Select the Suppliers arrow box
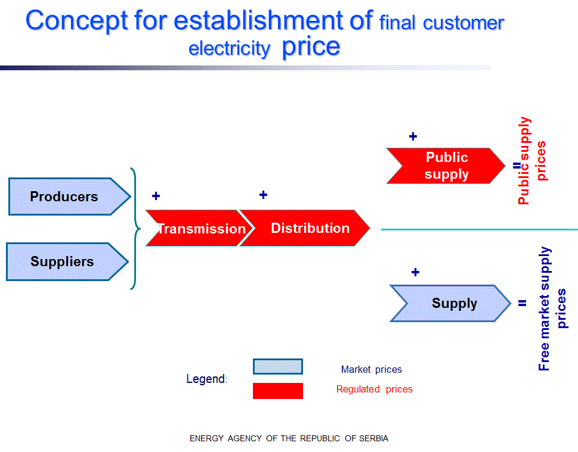(x=67, y=261)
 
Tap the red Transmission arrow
(x=200, y=228)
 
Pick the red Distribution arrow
(x=304, y=228)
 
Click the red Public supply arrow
(x=446, y=166)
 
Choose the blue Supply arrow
(x=450, y=303)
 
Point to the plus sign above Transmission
(x=156, y=196)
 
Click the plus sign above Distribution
(x=263, y=195)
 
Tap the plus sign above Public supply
(x=413, y=136)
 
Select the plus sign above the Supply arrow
(x=415, y=272)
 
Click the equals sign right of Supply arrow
(x=523, y=303)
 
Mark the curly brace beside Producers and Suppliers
(x=135, y=229)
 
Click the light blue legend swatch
(x=278, y=367)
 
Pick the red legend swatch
(x=278, y=391)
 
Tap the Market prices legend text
(x=371, y=370)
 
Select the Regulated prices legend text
(x=374, y=389)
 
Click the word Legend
(x=207, y=379)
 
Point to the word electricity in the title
(x=229, y=49)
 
